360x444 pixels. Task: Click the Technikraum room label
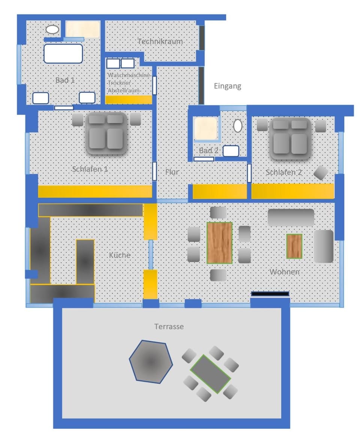pyautogui.click(x=160, y=41)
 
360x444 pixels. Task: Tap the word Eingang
pyautogui.click(x=227, y=86)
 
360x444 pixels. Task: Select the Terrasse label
pyautogui.click(x=169, y=326)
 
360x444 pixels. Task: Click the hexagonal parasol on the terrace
pyautogui.click(x=151, y=362)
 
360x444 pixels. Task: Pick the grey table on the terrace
pyautogui.click(x=210, y=374)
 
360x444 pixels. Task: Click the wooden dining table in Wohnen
pyautogui.click(x=219, y=243)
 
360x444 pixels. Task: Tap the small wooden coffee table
pyautogui.click(x=294, y=246)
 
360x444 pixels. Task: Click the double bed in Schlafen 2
pyautogui.click(x=289, y=136)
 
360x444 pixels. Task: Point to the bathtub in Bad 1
pyautogui.click(x=63, y=54)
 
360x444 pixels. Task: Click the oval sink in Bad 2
pyautogui.click(x=238, y=126)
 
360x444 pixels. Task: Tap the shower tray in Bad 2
pyautogui.click(x=205, y=129)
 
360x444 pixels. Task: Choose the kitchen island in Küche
pyautogui.click(x=85, y=262)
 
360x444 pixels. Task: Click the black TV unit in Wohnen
pyautogui.click(x=270, y=294)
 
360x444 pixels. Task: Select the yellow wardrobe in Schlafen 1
pyautogui.click(x=94, y=191)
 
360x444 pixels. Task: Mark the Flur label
pyautogui.click(x=172, y=172)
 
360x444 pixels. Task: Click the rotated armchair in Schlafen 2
pyautogui.click(x=321, y=173)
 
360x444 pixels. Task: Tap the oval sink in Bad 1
pyautogui.click(x=52, y=29)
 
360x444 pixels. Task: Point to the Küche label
pyautogui.click(x=120, y=255)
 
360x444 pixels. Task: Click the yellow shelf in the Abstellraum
pyautogui.click(x=128, y=100)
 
